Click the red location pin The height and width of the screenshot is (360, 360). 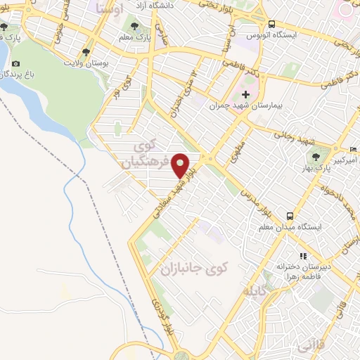coord(181,165)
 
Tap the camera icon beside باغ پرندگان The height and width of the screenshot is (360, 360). coord(16,63)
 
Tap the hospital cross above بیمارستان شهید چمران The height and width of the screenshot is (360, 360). coord(245,95)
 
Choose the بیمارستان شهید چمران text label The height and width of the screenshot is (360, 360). coord(240,108)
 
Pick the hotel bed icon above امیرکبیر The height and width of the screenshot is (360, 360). coord(353,150)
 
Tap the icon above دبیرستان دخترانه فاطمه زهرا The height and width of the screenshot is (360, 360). coord(303,256)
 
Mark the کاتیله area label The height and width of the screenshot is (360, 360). coord(255,290)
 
